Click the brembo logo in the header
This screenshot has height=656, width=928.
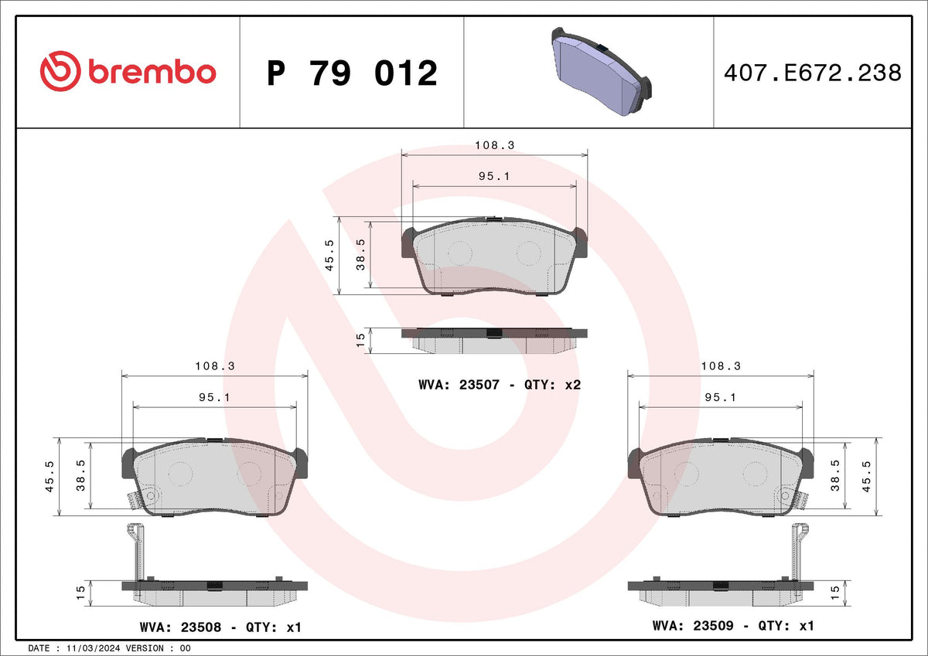click(128, 71)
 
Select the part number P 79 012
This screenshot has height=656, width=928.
click(352, 73)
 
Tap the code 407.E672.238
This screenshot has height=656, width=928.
click(813, 73)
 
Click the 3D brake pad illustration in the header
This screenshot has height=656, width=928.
click(602, 71)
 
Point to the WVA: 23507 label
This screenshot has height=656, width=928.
click(459, 385)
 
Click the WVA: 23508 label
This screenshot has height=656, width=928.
click(181, 627)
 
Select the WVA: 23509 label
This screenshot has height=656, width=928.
click(693, 625)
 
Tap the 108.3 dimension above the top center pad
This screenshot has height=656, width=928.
click(495, 145)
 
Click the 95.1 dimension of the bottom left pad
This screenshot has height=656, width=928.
click(215, 397)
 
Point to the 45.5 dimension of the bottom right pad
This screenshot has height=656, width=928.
click(867, 477)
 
